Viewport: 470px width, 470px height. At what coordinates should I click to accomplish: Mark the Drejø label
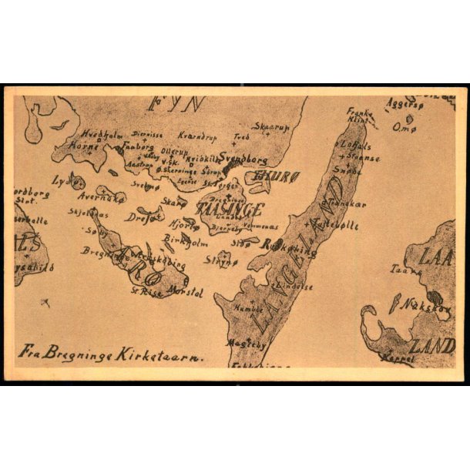click(139, 217)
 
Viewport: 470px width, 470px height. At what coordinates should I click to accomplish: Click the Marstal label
click(185, 292)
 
